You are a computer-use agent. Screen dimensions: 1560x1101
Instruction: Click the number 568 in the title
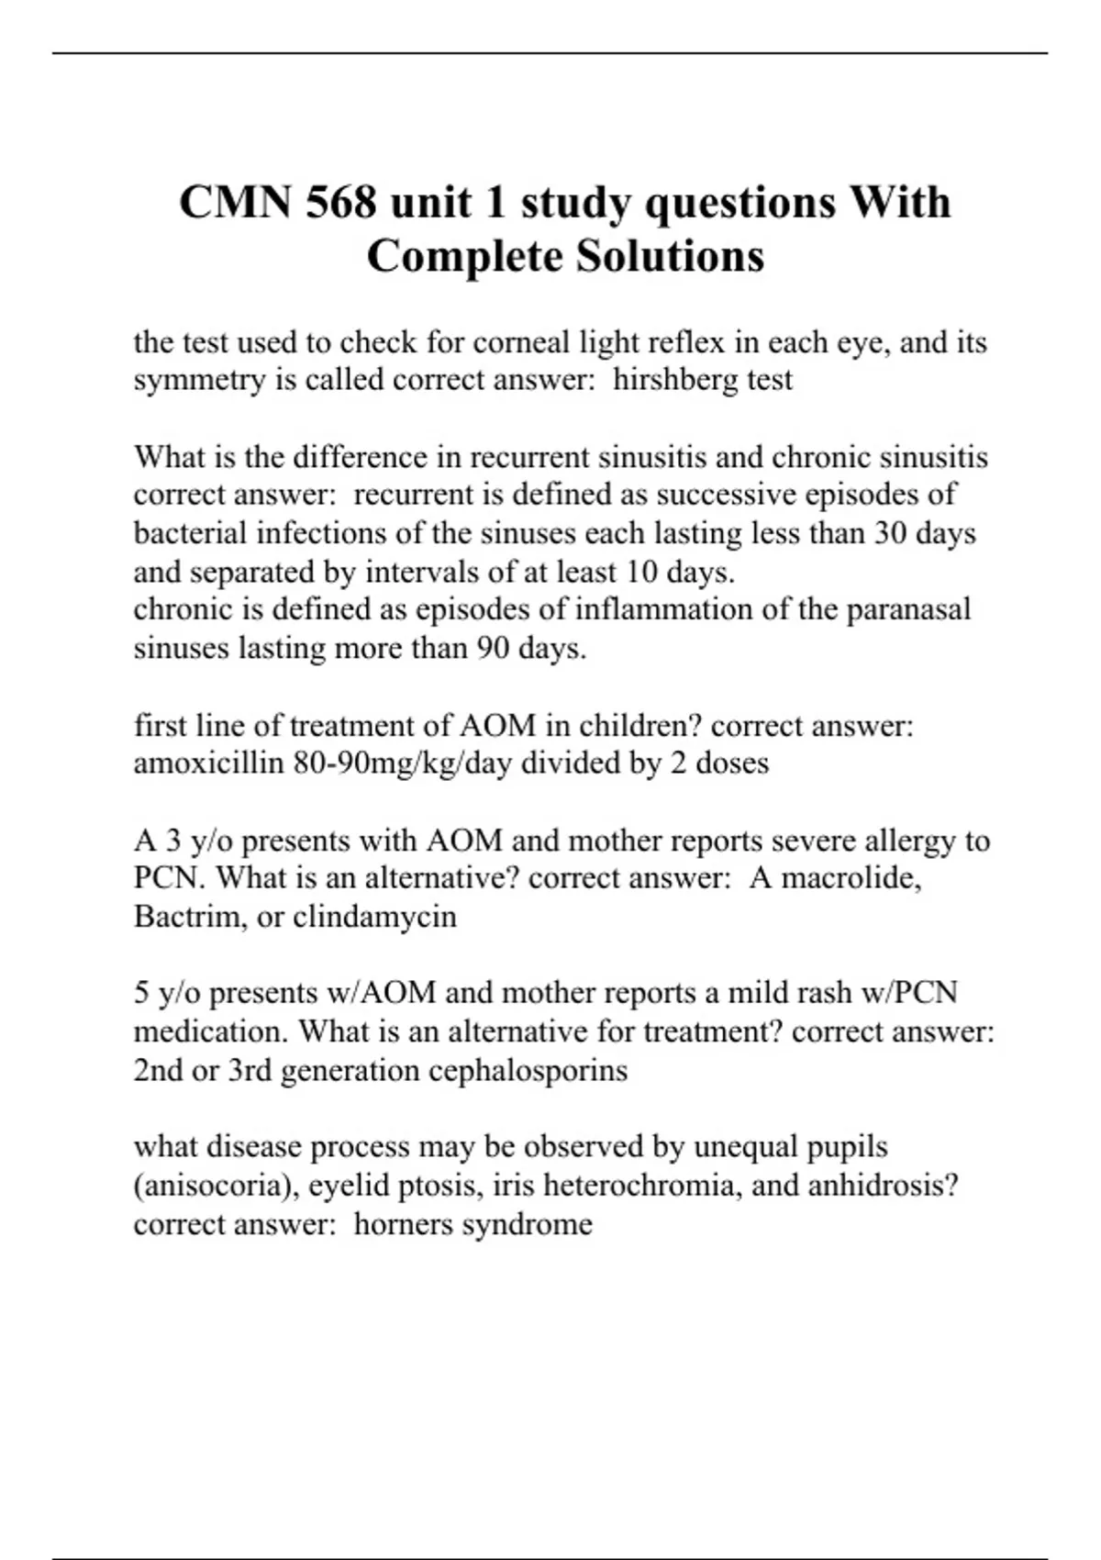[340, 202]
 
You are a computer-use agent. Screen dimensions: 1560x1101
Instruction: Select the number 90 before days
[493, 649]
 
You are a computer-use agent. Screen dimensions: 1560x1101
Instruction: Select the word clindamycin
[374, 917]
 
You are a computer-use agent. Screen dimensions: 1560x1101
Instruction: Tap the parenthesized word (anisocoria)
[217, 1186]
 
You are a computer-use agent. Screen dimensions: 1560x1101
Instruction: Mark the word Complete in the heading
[465, 256]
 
